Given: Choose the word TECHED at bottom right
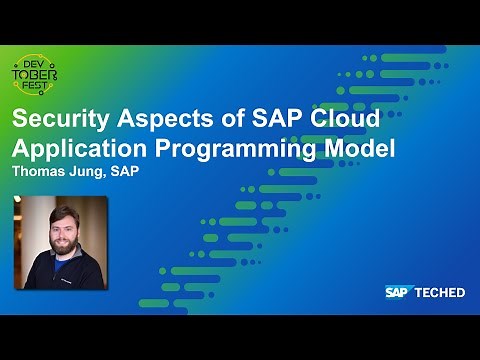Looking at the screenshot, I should [x=441, y=292].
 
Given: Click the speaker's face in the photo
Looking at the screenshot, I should [x=59, y=229].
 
